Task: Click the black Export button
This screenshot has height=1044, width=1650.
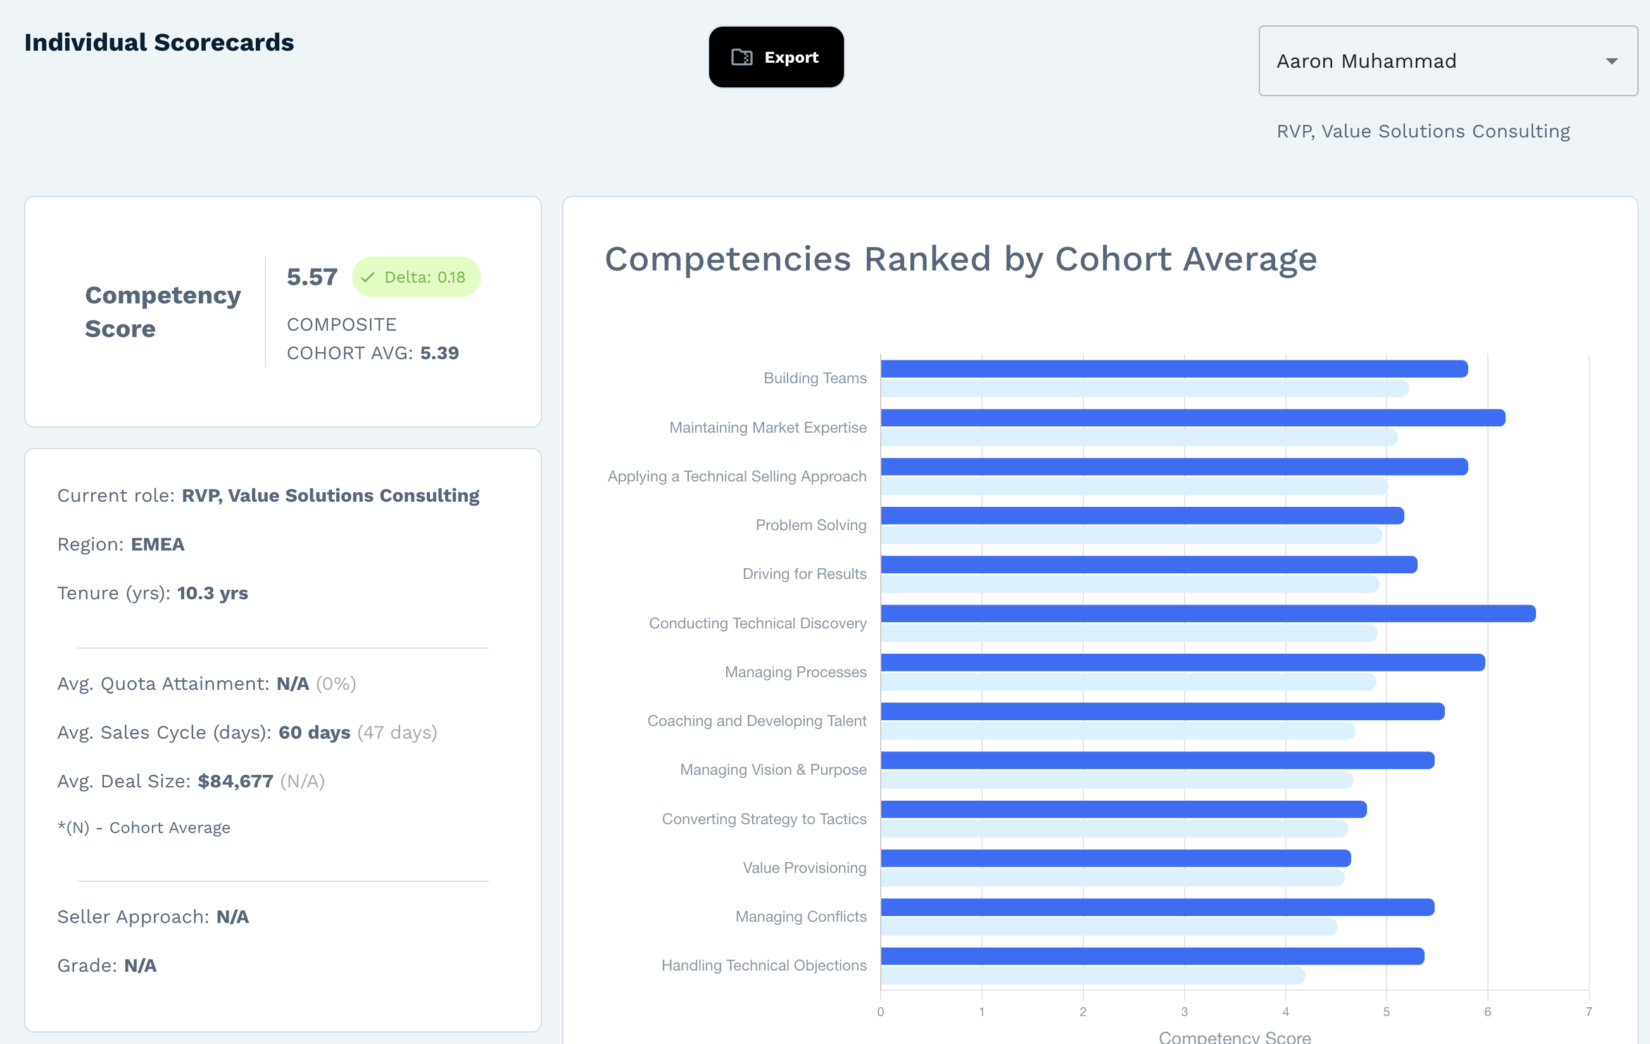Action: [x=776, y=57]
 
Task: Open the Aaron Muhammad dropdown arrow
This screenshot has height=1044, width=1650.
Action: [x=1611, y=61]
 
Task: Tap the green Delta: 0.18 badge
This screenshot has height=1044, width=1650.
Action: [x=416, y=277]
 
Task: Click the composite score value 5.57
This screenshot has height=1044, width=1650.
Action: [x=312, y=277]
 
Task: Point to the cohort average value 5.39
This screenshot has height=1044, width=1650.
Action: [x=439, y=353]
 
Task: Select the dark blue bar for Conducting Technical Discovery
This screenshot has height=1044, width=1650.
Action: [x=1207, y=613]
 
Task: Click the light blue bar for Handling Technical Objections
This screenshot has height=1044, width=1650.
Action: [x=1092, y=976]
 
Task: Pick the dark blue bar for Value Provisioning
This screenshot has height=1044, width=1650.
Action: [x=1116, y=858]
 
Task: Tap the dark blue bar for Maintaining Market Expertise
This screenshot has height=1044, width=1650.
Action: [x=1192, y=417]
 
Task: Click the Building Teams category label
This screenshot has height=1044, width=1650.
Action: [x=815, y=378]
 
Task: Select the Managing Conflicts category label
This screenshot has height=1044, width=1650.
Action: [x=800, y=917]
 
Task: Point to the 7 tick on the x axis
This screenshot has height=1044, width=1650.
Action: [x=1589, y=1012]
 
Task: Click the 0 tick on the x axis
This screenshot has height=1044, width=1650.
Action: [x=881, y=1012]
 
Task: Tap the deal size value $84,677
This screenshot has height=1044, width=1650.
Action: [x=235, y=782]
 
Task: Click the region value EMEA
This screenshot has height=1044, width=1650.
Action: [x=158, y=544]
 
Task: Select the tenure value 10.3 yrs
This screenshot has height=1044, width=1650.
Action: [x=212, y=593]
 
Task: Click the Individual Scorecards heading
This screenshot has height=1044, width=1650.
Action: [x=159, y=42]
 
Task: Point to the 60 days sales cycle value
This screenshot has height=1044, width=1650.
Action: [x=315, y=733]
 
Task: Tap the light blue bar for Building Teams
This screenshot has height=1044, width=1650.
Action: [x=1144, y=389]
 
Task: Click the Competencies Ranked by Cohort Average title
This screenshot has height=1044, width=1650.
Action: [x=960, y=259]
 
